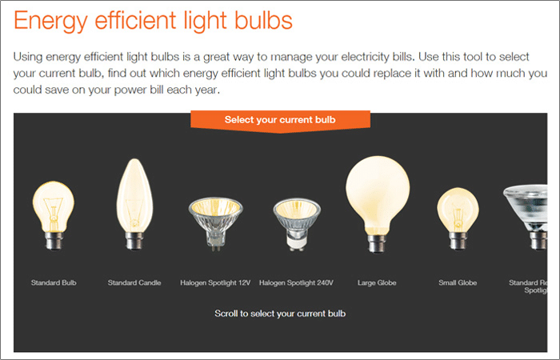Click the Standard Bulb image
click(x=54, y=215)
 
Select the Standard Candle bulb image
click(x=134, y=204)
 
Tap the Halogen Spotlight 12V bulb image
click(x=216, y=224)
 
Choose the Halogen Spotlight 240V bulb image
click(x=297, y=224)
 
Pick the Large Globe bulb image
click(x=378, y=204)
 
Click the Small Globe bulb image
click(x=458, y=218)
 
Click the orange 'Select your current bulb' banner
click(x=280, y=122)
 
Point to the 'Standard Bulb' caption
click(x=54, y=283)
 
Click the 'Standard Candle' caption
click(x=134, y=283)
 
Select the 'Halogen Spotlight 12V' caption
click(x=215, y=283)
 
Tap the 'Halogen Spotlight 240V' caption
click(x=297, y=283)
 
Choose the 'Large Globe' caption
click(x=377, y=283)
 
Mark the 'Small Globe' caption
click(x=458, y=283)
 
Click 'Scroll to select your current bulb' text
click(x=280, y=314)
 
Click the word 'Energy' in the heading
click(x=50, y=22)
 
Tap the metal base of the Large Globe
click(x=377, y=244)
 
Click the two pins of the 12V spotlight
click(x=216, y=247)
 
